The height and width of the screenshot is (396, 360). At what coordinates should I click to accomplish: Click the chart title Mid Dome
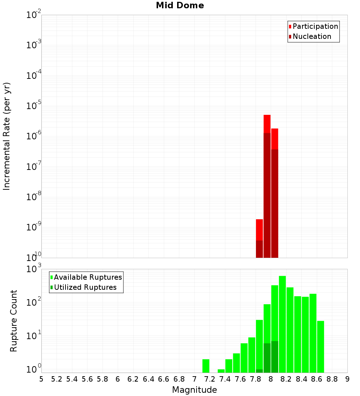[180, 6]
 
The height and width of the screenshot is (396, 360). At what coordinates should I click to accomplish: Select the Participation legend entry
[315, 26]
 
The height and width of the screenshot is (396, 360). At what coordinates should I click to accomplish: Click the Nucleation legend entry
[311, 36]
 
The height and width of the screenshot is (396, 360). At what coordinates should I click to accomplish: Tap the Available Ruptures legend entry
[87, 277]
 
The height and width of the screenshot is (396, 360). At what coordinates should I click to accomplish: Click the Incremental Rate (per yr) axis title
[7, 136]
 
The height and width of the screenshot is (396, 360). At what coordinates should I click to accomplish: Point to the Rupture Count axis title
[14, 321]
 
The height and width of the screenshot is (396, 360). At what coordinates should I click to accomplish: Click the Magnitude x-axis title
[194, 390]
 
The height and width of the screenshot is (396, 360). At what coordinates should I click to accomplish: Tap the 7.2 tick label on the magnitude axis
[210, 379]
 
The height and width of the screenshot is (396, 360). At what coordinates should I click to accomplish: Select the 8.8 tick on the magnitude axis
[332, 379]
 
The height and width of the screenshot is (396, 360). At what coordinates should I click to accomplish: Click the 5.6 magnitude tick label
[87, 379]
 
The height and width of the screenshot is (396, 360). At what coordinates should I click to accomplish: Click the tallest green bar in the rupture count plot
[282, 324]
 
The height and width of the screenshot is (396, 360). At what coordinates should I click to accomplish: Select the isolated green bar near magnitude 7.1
[206, 366]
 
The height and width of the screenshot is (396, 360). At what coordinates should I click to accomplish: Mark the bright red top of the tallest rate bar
[267, 123]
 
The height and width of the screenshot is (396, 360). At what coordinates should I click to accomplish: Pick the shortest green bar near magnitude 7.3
[221, 371]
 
